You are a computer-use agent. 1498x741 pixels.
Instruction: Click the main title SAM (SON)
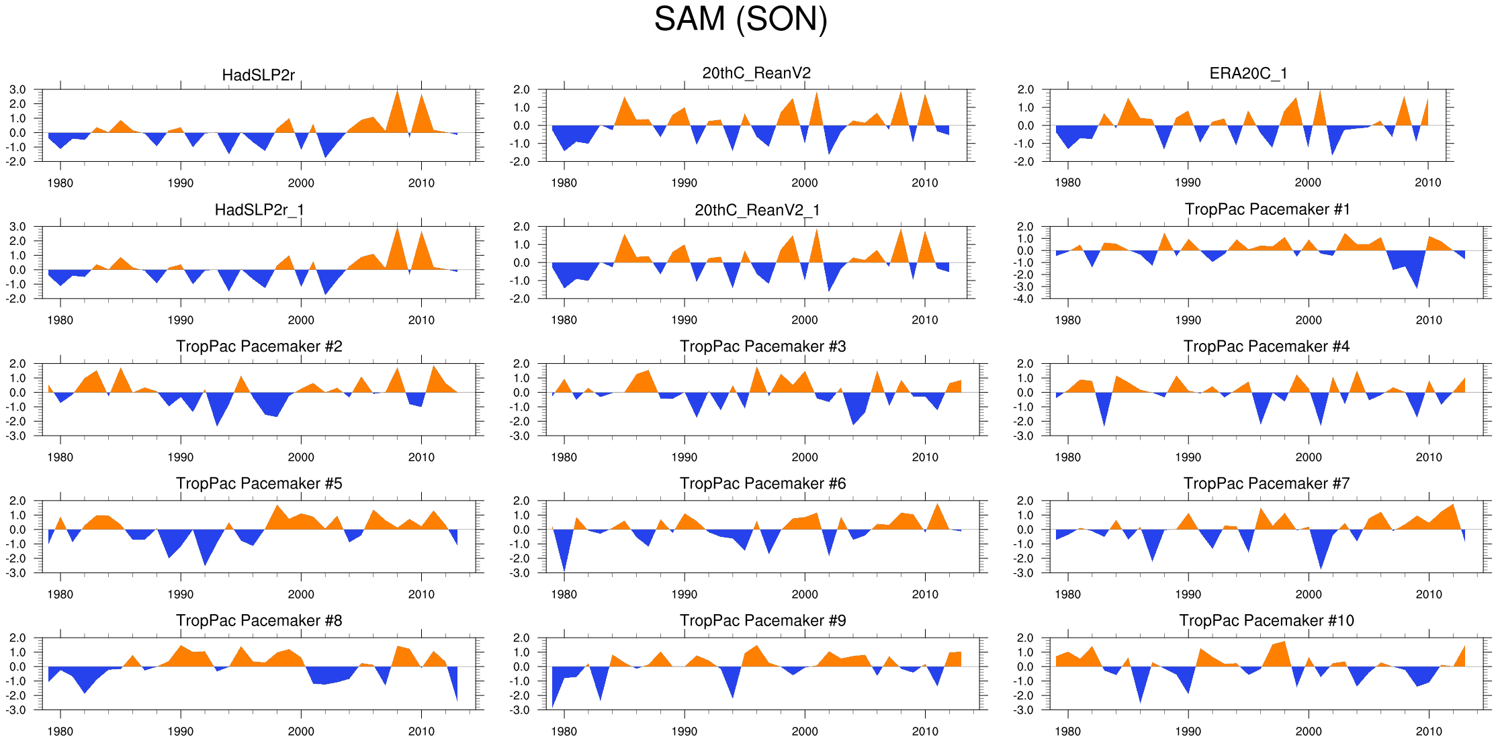click(x=740, y=19)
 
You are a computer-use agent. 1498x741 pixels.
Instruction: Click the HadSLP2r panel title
click(x=259, y=75)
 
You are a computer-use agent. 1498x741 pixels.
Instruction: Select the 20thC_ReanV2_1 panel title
click(x=757, y=210)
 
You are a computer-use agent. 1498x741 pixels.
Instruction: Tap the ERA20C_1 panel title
click(x=1248, y=73)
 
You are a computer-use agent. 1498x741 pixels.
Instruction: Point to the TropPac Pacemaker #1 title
click(x=1267, y=209)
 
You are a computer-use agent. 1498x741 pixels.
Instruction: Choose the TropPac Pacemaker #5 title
click(x=259, y=483)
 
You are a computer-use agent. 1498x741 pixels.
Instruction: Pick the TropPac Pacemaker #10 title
click(x=1266, y=620)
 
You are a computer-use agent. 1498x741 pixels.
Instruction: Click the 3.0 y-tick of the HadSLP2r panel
click(x=18, y=89)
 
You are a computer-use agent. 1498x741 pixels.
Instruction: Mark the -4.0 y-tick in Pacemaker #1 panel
click(x=1025, y=299)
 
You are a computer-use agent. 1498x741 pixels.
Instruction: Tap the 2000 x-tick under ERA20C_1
click(x=1308, y=183)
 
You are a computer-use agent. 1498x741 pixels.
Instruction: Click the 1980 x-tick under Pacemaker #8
click(x=60, y=731)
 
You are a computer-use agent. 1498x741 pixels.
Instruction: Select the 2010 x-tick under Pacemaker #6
click(x=925, y=594)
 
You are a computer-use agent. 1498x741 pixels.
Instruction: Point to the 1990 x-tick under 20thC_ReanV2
click(x=684, y=183)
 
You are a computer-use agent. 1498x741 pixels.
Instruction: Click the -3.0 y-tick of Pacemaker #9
click(x=521, y=710)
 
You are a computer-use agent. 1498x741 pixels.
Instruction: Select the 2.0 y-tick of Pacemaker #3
click(x=521, y=364)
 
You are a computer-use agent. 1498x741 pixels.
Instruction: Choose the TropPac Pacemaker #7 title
click(x=1266, y=483)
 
